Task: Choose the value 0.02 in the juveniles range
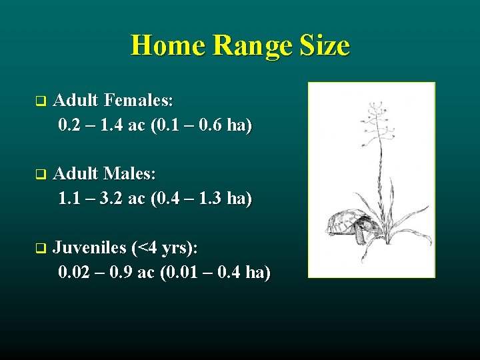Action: (x=73, y=273)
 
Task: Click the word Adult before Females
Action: (x=75, y=101)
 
